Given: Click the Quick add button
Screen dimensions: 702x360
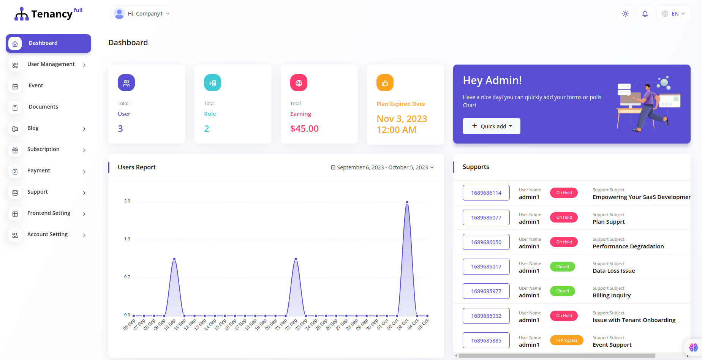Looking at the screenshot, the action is pos(491,126).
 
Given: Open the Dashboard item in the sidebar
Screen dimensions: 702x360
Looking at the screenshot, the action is pos(48,43).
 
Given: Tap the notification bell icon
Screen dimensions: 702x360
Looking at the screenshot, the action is pos(645,14).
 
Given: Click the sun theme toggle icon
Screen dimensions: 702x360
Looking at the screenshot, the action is pos(625,14).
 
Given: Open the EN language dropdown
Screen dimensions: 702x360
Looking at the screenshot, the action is pos(674,14).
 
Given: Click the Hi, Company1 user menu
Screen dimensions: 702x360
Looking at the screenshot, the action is pos(142,14).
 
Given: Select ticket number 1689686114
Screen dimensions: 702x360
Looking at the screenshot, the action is pos(486,193).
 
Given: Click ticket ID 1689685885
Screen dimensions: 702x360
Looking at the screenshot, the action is pos(486,341).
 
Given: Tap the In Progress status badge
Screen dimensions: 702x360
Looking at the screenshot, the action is pos(567,340).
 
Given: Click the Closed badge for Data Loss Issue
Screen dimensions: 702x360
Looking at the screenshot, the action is pos(563,267).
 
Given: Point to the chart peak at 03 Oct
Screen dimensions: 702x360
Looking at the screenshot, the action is pos(407,202).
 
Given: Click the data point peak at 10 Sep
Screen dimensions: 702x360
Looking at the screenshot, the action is pos(174,259).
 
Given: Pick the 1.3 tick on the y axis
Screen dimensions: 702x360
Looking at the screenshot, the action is pos(127,239).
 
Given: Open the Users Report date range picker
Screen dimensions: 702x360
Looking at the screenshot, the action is pos(382,167).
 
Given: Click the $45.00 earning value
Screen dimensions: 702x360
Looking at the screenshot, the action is pos(304,129).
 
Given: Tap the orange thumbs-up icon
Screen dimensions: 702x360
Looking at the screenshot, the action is pos(385,83).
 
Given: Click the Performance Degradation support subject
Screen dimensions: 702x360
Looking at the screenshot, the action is pos(628,246).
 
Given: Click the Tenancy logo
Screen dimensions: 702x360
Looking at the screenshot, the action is pos(48,14).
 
